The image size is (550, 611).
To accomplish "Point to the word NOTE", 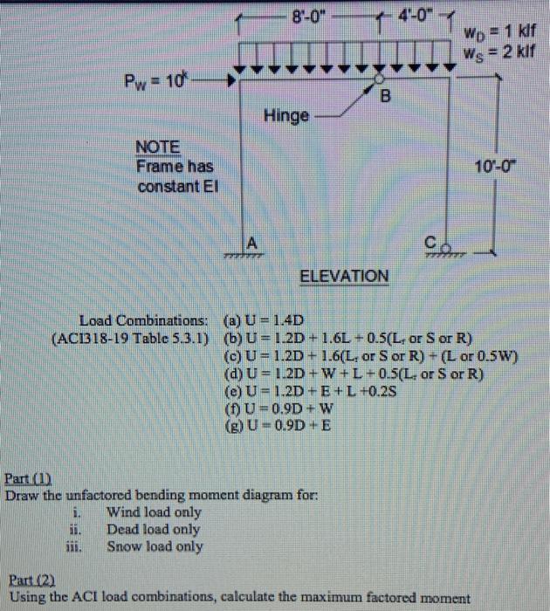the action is point(157,147).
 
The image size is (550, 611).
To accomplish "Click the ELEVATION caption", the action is point(344,277).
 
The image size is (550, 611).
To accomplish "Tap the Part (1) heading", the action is point(30,479).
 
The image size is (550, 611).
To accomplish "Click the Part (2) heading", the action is point(30,580).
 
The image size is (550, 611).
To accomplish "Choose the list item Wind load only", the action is point(153,512).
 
